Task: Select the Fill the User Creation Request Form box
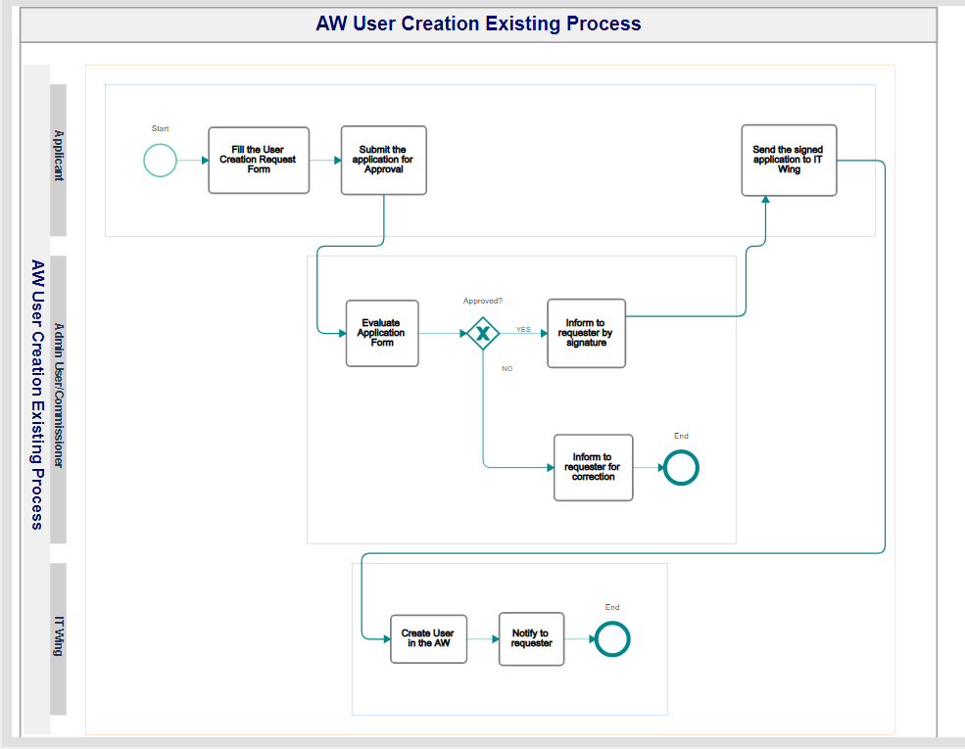pyautogui.click(x=259, y=161)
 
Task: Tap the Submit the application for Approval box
pyautogui.click(x=383, y=161)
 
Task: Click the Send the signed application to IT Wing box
pyautogui.click(x=789, y=161)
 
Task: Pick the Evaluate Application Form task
pyautogui.click(x=382, y=333)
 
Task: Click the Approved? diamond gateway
pyautogui.click(x=483, y=333)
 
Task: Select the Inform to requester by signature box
pyautogui.click(x=586, y=333)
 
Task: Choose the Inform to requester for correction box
pyautogui.click(x=594, y=467)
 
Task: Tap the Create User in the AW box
pyautogui.click(x=428, y=639)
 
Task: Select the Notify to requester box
pyautogui.click(x=531, y=639)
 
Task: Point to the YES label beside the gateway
pyautogui.click(x=523, y=330)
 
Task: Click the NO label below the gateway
pyautogui.click(x=507, y=369)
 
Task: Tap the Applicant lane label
pyautogui.click(x=59, y=156)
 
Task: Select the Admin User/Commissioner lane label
pyautogui.click(x=59, y=396)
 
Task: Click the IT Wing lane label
pyautogui.click(x=59, y=635)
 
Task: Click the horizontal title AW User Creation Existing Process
pyautogui.click(x=478, y=23)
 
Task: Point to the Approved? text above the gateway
pyautogui.click(x=482, y=301)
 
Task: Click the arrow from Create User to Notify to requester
pyautogui.click(x=483, y=639)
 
